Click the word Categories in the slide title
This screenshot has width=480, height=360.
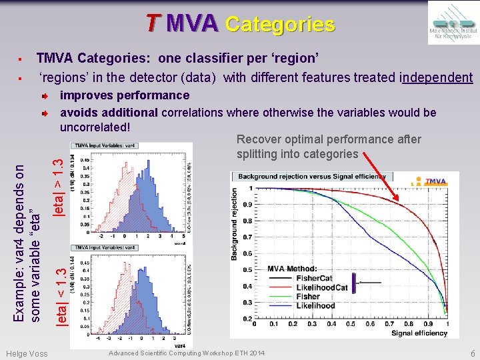280,25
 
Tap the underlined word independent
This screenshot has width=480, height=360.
437,77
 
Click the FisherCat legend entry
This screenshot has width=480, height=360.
315,278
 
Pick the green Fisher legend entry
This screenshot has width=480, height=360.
307,297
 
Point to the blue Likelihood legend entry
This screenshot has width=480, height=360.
315,306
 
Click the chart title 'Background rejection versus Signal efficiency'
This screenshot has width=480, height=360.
311,177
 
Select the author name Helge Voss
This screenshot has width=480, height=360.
26,353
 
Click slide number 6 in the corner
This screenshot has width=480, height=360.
472,353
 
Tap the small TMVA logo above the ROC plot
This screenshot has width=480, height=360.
434,181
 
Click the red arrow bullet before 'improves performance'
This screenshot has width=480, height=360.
43,96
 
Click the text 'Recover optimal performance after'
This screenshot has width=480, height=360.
329,139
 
